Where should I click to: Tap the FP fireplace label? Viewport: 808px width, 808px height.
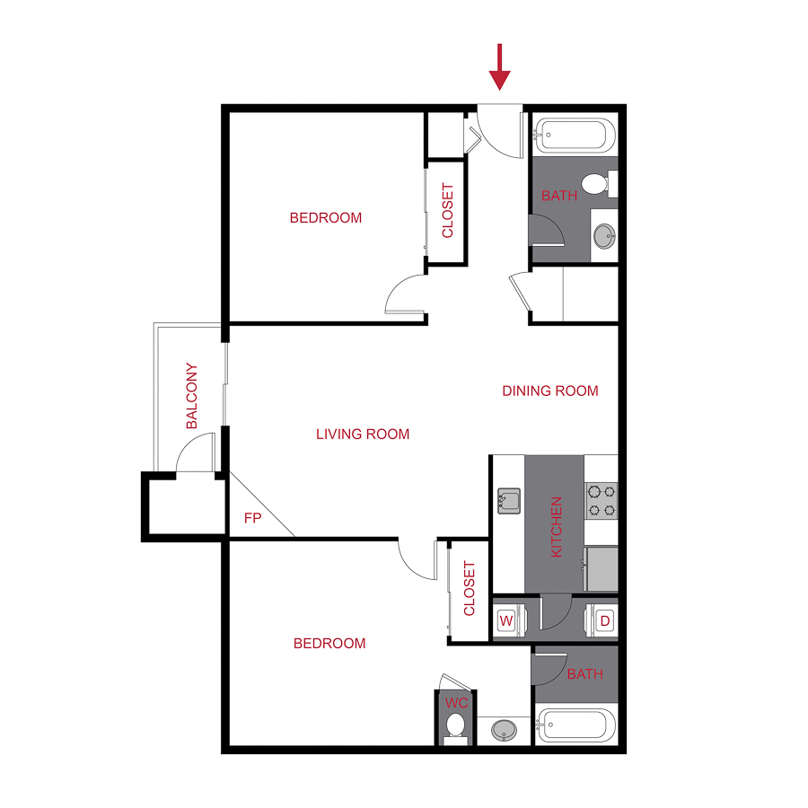pyautogui.click(x=252, y=518)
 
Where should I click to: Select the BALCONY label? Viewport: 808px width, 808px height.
pyautogui.click(x=191, y=396)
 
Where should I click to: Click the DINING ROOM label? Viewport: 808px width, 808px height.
pyautogui.click(x=549, y=391)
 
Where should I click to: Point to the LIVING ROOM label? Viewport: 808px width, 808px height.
pyautogui.click(x=363, y=435)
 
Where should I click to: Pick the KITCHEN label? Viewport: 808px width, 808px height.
pyautogui.click(x=556, y=527)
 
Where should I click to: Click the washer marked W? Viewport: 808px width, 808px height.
pyautogui.click(x=506, y=619)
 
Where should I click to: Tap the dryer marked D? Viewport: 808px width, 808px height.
pyautogui.click(x=603, y=619)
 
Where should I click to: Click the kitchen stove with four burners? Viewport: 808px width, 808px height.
pyautogui.click(x=601, y=500)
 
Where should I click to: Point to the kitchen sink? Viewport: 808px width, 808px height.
pyautogui.click(x=509, y=500)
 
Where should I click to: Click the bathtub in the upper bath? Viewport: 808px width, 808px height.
pyautogui.click(x=575, y=137)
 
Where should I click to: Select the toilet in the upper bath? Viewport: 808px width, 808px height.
pyautogui.click(x=595, y=185)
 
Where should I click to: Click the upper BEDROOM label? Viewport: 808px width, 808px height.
pyautogui.click(x=325, y=217)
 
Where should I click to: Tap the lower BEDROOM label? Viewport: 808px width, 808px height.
pyautogui.click(x=329, y=643)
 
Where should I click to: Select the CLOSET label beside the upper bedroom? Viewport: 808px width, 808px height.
pyautogui.click(x=447, y=211)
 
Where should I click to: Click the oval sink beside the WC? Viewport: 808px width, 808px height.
pyautogui.click(x=504, y=730)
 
